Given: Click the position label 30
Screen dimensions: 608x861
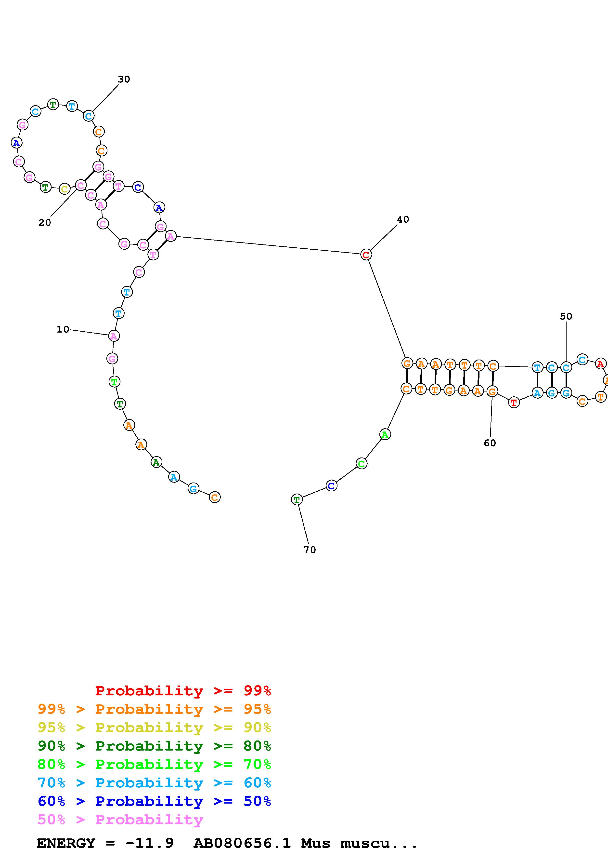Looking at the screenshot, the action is click(x=124, y=79).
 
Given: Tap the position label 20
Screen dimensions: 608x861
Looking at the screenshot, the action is click(x=45, y=223).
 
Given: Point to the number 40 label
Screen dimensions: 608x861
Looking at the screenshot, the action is click(x=403, y=219).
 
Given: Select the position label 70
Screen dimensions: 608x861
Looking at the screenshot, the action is click(x=310, y=550).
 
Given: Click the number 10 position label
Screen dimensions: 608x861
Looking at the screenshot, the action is click(x=63, y=329).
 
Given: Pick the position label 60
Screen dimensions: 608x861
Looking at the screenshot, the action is click(x=490, y=443).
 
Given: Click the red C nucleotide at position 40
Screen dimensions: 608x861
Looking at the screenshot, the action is click(x=366, y=255).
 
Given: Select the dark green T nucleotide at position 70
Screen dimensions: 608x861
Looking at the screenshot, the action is click(x=297, y=499).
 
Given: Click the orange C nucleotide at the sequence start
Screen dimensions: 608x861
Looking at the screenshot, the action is click(x=215, y=497).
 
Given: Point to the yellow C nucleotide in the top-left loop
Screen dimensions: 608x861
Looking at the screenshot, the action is click(x=65, y=189).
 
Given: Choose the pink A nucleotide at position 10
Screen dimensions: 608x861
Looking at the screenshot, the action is click(x=114, y=336).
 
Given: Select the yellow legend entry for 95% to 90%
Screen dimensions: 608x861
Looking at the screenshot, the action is click(x=154, y=727).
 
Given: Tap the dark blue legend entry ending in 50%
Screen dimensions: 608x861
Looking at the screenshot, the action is click(x=154, y=801).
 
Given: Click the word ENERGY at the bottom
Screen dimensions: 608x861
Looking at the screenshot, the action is click(x=66, y=843).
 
